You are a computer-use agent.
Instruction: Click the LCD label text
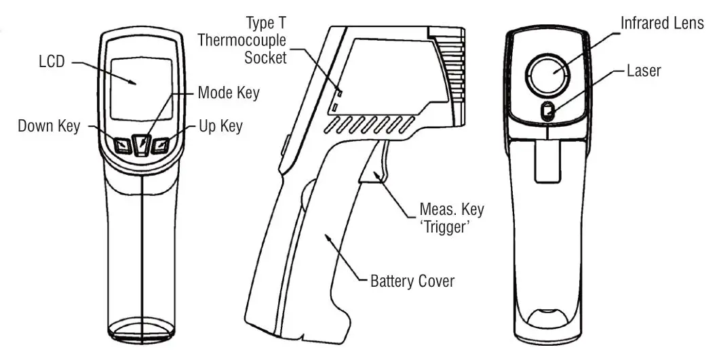(52, 62)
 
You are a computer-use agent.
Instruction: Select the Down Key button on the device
(122, 144)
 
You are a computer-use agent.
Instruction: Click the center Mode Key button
(141, 144)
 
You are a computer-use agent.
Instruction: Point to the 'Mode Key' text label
(228, 92)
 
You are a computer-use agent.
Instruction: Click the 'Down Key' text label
(48, 126)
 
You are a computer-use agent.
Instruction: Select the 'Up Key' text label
(220, 126)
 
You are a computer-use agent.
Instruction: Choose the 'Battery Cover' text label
(412, 281)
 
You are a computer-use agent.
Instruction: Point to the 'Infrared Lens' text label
(663, 24)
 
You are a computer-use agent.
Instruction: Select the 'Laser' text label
(643, 70)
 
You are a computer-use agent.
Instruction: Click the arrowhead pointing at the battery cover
(328, 237)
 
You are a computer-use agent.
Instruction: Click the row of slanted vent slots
(370, 124)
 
